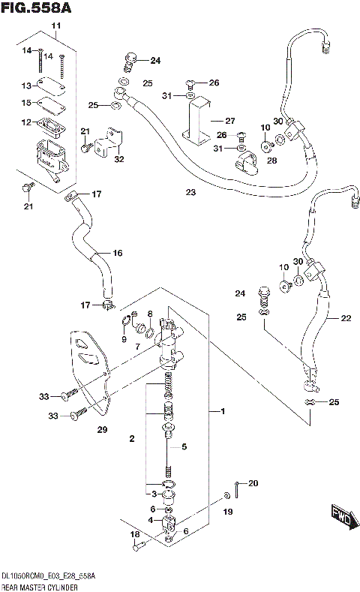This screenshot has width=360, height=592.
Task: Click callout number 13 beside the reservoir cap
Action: (x=25, y=86)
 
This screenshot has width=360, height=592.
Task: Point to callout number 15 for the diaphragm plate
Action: (x=25, y=103)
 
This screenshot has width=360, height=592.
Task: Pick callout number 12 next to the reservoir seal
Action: (x=25, y=122)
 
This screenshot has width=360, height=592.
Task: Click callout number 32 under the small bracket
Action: (x=119, y=158)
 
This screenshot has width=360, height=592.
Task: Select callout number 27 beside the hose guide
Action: (x=229, y=120)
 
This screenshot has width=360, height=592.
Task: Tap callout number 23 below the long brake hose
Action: (x=190, y=193)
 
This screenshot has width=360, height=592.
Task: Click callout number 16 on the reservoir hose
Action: (x=117, y=253)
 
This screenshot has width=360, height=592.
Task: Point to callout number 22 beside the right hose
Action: (x=346, y=318)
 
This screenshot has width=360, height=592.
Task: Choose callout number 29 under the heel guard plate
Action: (x=102, y=430)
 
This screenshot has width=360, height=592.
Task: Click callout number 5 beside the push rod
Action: (x=184, y=447)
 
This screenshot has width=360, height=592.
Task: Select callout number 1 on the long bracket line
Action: (x=222, y=412)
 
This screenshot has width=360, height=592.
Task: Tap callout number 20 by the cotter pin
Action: (x=252, y=483)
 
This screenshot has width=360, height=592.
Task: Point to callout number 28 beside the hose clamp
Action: (x=271, y=161)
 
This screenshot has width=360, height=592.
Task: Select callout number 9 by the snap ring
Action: (x=124, y=339)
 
